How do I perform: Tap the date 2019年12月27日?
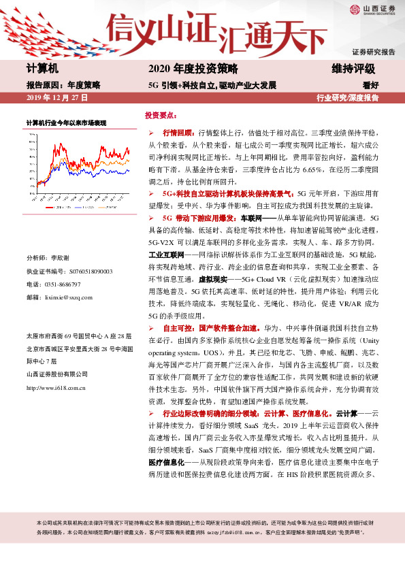tap(57, 98)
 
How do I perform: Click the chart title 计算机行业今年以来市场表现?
tap(66, 123)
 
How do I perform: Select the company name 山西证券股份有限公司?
tap(57, 374)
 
